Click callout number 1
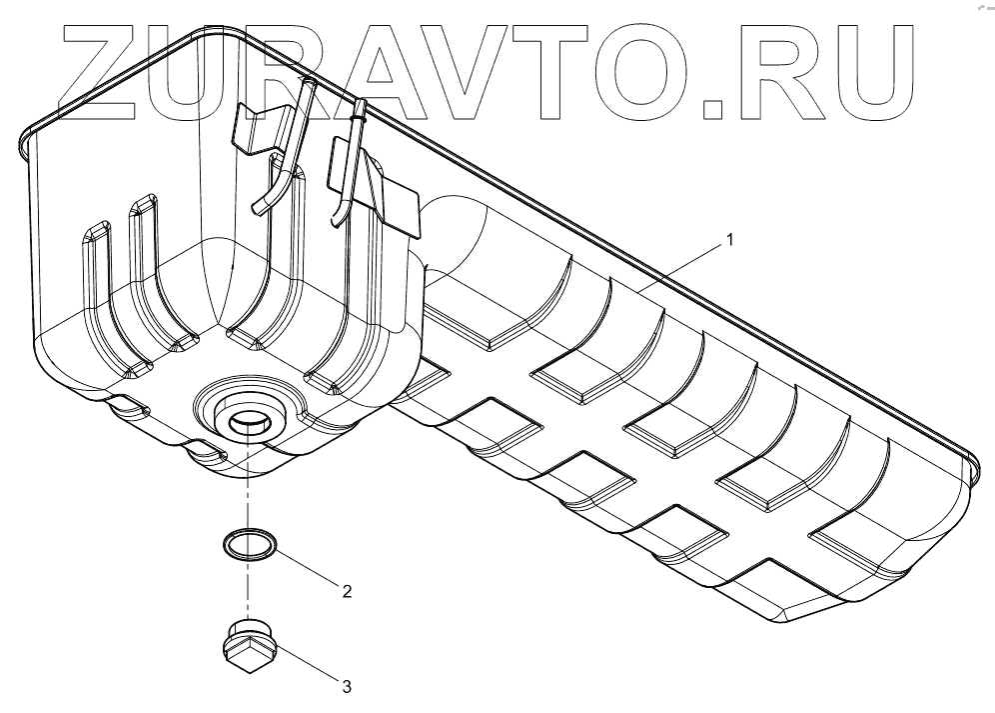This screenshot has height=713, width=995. point(730,240)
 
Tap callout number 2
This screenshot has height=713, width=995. point(347,591)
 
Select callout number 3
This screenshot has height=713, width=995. point(346,687)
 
